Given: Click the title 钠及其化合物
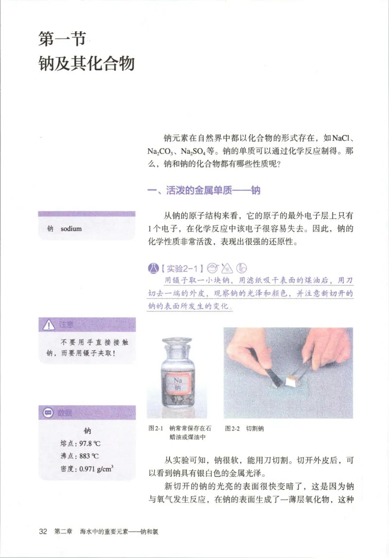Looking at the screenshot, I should pyautogui.click(x=87, y=63).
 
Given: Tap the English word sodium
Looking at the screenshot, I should pyautogui.click(x=71, y=229).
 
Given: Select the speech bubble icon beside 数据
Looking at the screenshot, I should pyautogui.click(x=48, y=413).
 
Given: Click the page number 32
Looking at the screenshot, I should pyautogui.click(x=43, y=532).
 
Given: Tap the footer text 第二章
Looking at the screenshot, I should pyautogui.click(x=64, y=532).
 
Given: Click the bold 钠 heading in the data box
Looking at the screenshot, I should pyautogui.click(x=87, y=431).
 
